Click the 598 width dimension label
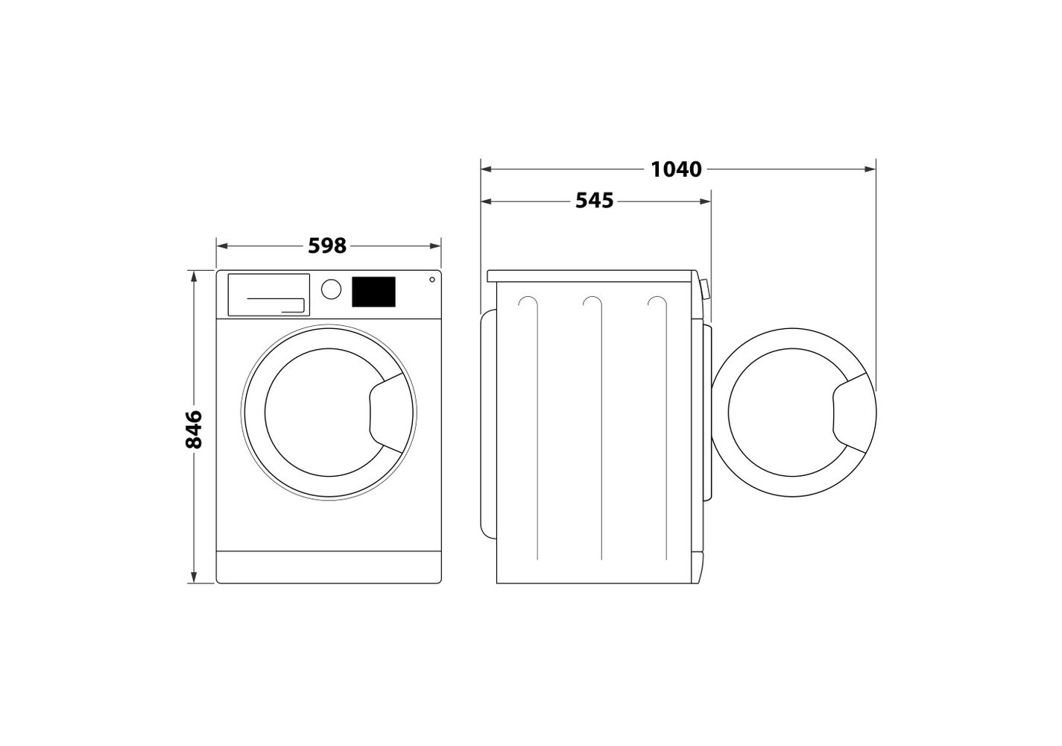tap(327, 246)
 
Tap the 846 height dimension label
tap(194, 430)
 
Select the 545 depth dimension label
tap(595, 201)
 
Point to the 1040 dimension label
tap(676, 169)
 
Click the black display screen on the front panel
tap(373, 292)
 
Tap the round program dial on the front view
tap(331, 289)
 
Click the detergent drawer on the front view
tap(269, 295)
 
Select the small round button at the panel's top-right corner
tap(432, 280)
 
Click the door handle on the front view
tap(387, 413)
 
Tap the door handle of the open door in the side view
tap(850, 413)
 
